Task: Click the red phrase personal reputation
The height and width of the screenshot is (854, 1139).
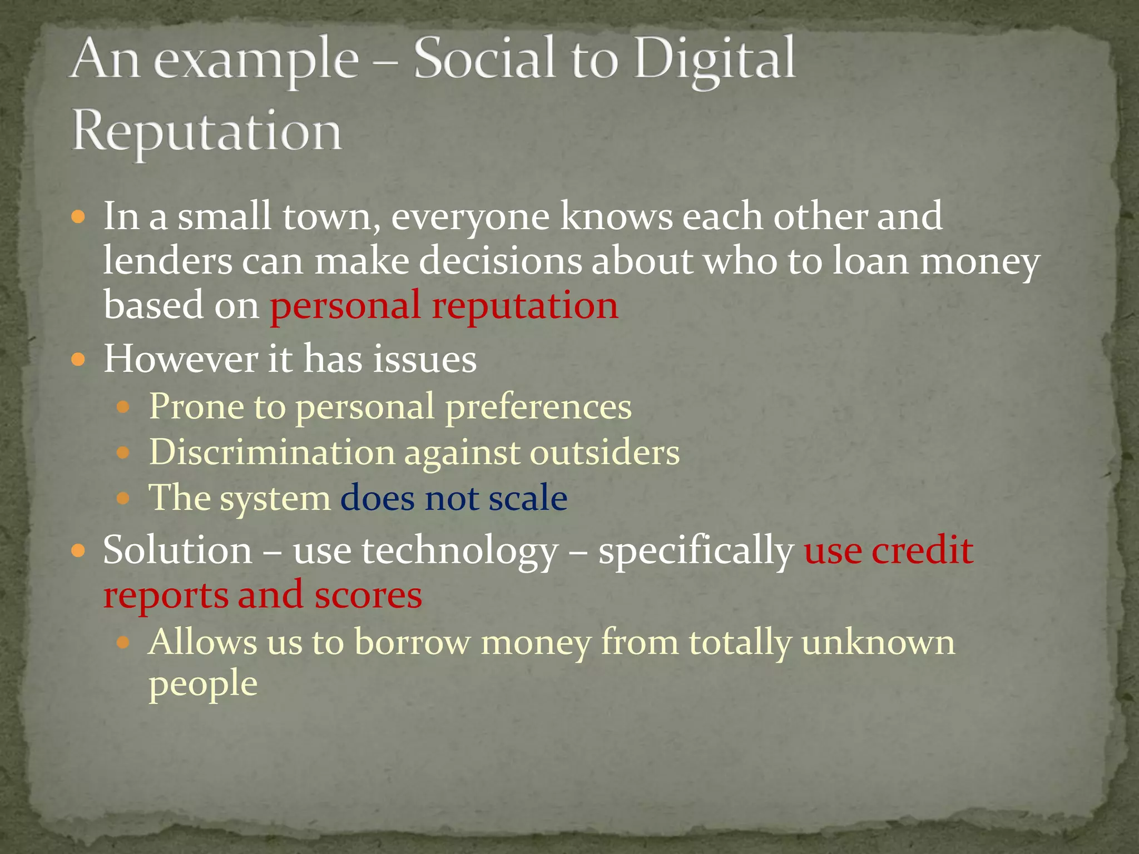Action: [444, 306]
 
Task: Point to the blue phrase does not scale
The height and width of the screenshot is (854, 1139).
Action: [453, 498]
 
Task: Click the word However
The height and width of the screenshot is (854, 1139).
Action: [181, 359]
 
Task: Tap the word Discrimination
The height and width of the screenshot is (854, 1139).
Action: [272, 451]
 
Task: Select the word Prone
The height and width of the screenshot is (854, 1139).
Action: [196, 406]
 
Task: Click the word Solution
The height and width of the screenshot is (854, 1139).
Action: [177, 550]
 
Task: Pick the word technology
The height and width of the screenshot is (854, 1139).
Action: [460, 552]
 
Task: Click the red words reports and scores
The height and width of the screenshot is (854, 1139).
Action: [263, 595]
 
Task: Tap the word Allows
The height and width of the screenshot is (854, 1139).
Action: [203, 642]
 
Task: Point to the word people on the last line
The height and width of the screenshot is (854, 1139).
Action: [203, 684]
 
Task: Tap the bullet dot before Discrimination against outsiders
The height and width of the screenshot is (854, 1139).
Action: [123, 453]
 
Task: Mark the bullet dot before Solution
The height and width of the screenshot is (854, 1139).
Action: [79, 552]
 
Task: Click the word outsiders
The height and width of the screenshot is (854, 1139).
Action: [605, 451]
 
